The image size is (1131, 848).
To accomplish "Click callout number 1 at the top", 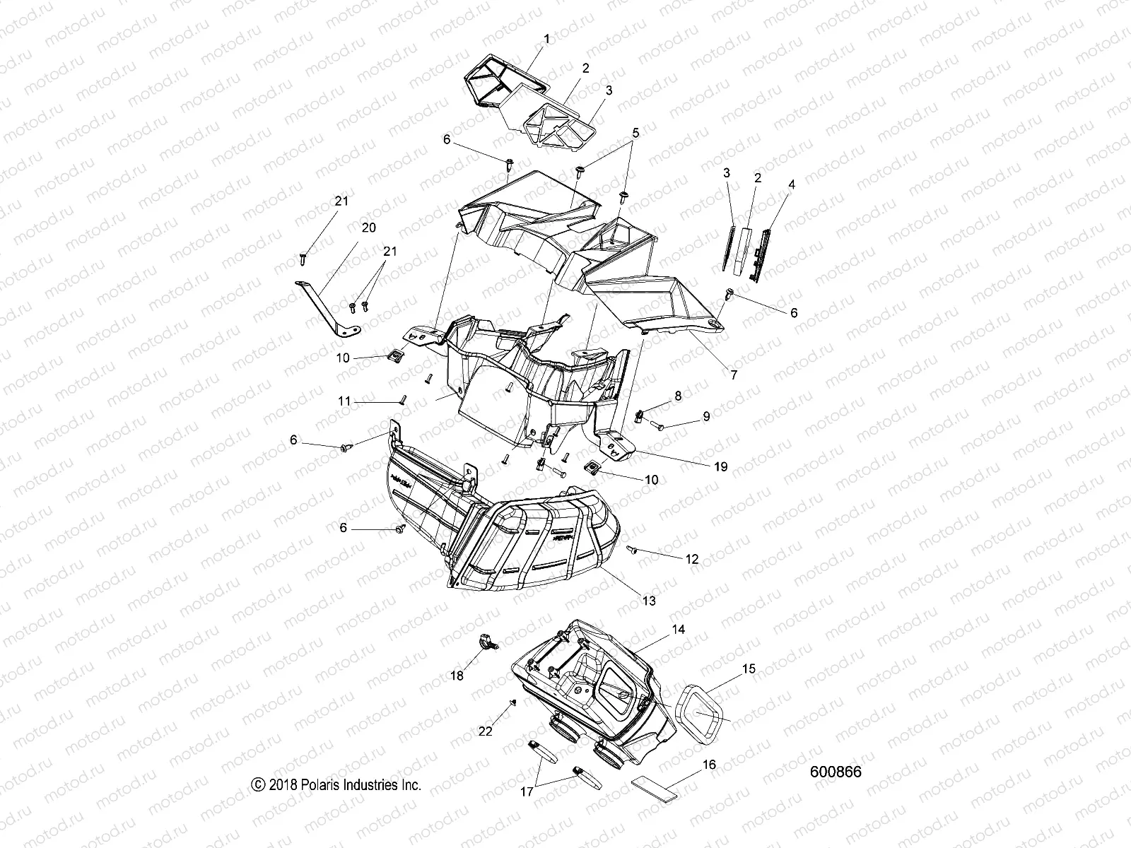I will point(546,40).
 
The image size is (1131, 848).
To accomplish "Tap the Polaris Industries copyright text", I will point(336,784).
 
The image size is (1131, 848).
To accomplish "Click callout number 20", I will point(368,228).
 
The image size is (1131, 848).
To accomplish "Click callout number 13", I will point(648,601).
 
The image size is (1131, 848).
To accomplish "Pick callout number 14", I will point(679,629).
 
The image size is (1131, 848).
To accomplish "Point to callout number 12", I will point(691,558).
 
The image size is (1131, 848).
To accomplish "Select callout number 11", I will point(344,401).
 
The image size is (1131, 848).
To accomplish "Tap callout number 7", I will point(734,375).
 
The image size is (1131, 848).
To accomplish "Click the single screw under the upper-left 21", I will point(304,258).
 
